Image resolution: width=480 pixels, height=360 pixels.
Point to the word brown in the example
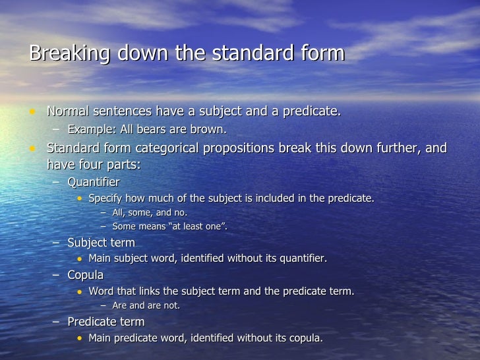[x=210, y=129]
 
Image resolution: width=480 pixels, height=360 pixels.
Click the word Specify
[x=107, y=198]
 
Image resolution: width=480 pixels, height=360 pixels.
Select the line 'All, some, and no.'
[x=150, y=212]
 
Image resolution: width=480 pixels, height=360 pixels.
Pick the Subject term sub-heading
[x=101, y=243]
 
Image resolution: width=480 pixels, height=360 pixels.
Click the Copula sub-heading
[x=85, y=274]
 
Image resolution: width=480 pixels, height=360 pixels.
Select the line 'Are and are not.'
[x=146, y=305]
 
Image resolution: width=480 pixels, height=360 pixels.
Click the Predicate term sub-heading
[x=105, y=322]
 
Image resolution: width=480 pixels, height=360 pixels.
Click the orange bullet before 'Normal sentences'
[x=31, y=111]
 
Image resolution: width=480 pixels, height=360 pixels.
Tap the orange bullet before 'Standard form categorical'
[x=31, y=148]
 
